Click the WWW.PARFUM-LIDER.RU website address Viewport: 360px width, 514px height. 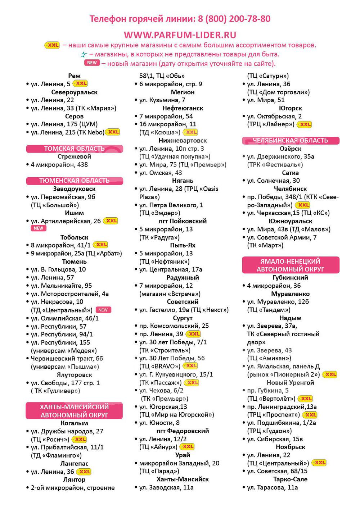180,35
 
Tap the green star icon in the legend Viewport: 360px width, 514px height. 84,55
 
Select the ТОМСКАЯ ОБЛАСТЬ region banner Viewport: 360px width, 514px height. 75,149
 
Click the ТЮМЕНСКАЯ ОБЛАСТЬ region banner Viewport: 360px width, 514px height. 75,181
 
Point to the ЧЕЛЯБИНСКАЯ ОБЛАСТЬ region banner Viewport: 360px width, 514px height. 291,140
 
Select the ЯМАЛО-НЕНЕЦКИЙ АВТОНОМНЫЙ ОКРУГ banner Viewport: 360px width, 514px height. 291,265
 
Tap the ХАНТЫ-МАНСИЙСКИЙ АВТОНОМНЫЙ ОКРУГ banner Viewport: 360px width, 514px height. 74,411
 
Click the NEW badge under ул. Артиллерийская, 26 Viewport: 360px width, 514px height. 39,228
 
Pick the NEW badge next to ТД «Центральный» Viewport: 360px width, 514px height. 103,310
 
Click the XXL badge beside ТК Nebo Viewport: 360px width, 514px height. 113,132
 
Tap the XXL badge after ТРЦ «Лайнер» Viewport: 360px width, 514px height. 305,124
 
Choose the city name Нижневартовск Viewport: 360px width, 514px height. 183,141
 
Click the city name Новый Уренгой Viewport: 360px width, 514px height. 290,383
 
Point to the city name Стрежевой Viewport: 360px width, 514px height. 74,156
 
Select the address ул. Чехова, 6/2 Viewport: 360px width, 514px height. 161,391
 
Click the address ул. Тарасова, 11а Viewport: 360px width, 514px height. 273,487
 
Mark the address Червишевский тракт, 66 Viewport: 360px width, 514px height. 67,358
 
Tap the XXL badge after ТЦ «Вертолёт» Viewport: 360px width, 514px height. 306,399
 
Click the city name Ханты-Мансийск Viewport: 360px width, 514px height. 183,479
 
